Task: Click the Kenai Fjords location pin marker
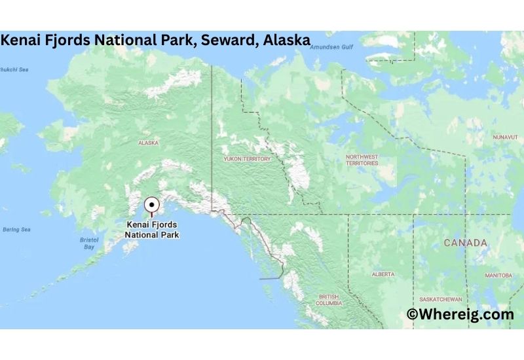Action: (x=152, y=204)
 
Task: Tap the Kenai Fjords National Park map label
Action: (x=152, y=228)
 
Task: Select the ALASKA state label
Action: (x=148, y=142)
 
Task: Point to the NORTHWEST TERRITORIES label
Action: (x=362, y=160)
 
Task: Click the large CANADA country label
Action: (x=465, y=243)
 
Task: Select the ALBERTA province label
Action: (x=383, y=274)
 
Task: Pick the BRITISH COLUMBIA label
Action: (x=329, y=300)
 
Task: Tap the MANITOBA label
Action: (x=498, y=276)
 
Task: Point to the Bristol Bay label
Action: (x=89, y=243)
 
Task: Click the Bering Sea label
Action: (x=16, y=230)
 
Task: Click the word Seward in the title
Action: (x=228, y=40)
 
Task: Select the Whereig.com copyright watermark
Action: (x=460, y=315)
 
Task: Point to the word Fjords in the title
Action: (x=68, y=40)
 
